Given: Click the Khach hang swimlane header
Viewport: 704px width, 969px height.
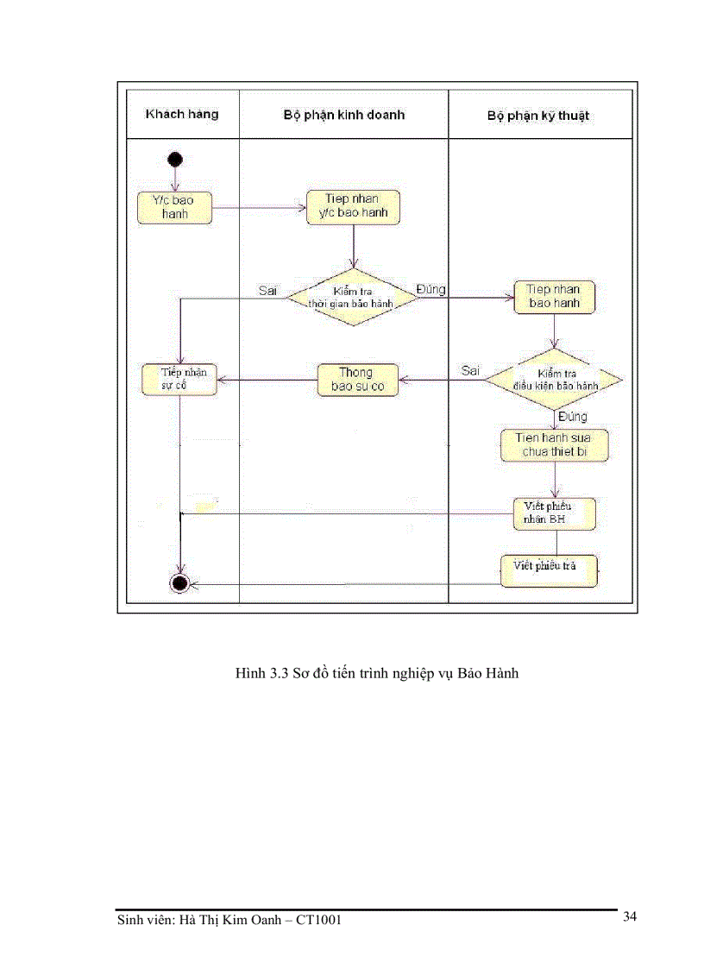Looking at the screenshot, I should [182, 114].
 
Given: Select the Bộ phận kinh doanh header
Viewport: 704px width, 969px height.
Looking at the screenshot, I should [343, 114].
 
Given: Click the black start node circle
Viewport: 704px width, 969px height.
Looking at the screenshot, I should [175, 159].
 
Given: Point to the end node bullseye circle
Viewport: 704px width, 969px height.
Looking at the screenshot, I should [179, 584].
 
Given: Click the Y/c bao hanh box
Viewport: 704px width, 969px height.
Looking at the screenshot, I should [174, 207].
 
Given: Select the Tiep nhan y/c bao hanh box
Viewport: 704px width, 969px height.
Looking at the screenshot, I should [353, 206].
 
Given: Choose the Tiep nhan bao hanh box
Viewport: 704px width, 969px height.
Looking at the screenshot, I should [554, 296].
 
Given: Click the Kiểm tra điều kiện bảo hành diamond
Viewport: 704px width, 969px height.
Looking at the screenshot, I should [554, 380].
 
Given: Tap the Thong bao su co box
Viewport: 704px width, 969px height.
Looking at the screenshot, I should [356, 380].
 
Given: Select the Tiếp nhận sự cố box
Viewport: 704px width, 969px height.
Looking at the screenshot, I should [179, 380].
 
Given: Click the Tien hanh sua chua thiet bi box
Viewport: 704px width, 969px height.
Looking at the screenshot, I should [556, 444].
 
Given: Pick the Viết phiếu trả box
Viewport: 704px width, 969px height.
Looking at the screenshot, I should [550, 569].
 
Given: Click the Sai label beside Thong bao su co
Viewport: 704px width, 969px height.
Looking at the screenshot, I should [470, 370].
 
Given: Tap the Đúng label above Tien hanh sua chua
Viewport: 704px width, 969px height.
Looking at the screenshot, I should [572, 417].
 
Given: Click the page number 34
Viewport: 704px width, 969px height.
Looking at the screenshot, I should [629, 916].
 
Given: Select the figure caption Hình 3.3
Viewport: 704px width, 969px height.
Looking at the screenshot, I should [376, 673].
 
